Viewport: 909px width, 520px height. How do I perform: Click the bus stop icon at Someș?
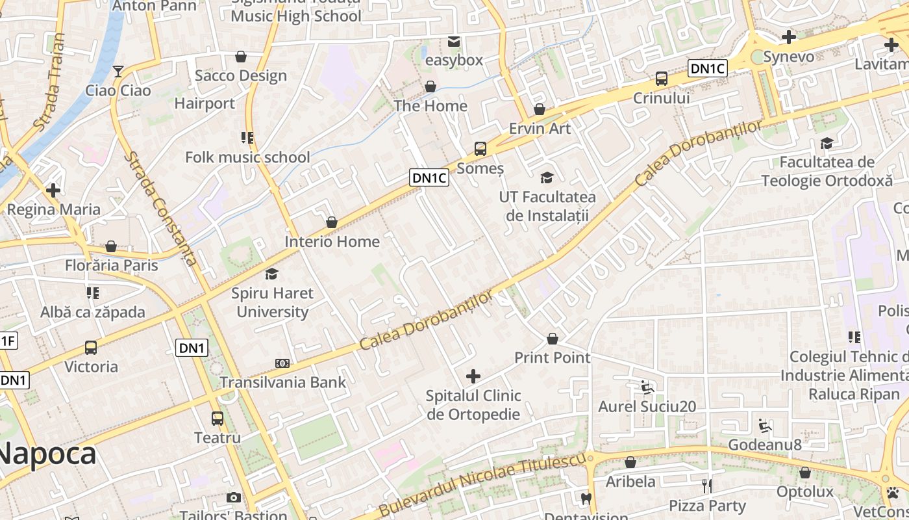[x=480, y=149]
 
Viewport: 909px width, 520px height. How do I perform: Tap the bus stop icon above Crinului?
[x=661, y=79]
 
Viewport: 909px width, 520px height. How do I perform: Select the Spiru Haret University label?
[x=272, y=302]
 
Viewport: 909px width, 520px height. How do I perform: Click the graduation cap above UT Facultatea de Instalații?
[x=547, y=177]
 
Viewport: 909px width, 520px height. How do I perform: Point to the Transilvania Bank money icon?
[x=282, y=363]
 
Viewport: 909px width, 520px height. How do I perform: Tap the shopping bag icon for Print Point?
[x=552, y=339]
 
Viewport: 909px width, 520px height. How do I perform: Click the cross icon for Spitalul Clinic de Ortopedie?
[x=473, y=376]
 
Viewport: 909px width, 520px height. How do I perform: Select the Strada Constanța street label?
[x=162, y=209]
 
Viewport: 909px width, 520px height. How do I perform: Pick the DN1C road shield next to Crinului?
[x=707, y=68]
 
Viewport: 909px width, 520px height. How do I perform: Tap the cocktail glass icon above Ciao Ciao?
[x=118, y=71]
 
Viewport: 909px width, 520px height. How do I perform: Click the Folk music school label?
[x=247, y=157]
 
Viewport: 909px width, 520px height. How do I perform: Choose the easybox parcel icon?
[x=453, y=42]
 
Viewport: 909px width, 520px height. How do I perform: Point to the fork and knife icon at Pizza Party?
[x=707, y=486]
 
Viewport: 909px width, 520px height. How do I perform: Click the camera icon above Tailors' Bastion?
[x=234, y=498]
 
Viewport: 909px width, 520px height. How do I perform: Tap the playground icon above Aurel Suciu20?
[x=646, y=388]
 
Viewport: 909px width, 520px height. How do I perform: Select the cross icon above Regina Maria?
[x=53, y=190]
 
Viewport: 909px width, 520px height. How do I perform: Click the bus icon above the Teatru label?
[x=218, y=419]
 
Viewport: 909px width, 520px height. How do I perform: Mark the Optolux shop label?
[x=804, y=491]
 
